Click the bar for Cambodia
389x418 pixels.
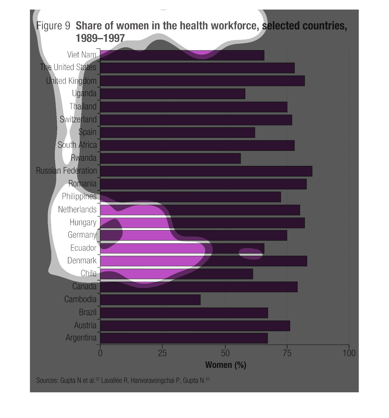[150, 300]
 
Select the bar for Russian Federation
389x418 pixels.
[206, 171]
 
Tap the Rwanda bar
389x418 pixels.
[170, 158]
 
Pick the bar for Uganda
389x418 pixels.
[173, 94]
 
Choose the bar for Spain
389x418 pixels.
[178, 133]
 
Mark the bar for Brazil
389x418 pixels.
[184, 313]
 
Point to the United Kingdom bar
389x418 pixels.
[202, 81]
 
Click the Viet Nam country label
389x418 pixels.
[82, 55]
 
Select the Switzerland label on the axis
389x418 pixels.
[78, 119]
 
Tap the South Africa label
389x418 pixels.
[77, 145]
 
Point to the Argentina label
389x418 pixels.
[81, 338]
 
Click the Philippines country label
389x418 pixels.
[79, 196]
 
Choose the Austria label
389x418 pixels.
[85, 325]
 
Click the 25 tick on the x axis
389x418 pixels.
[162, 353]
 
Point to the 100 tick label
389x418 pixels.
[349, 353]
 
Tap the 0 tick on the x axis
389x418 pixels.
[100, 353]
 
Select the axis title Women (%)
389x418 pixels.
[226, 365]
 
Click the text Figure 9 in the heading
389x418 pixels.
[53, 26]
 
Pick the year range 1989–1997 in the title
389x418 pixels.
[100, 38]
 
